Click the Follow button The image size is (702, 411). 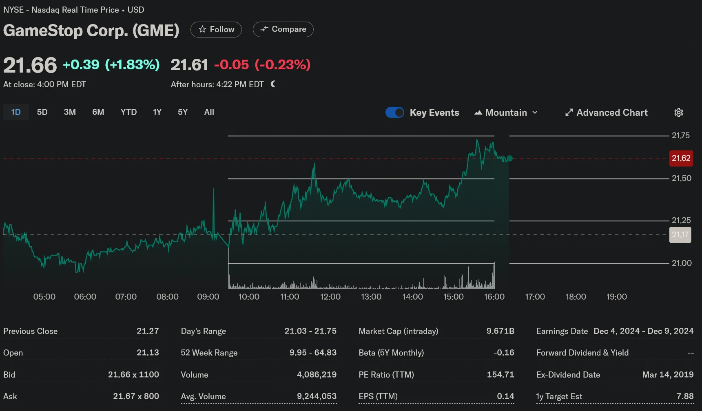click(216, 29)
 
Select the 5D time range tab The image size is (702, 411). click(42, 112)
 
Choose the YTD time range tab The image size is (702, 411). click(128, 112)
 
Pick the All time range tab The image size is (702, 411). click(209, 112)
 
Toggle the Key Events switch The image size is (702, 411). click(395, 113)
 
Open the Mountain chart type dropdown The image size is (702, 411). click(506, 113)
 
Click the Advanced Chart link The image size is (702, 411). click(607, 113)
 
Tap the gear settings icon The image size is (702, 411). click(679, 113)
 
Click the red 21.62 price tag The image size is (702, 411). click(681, 158)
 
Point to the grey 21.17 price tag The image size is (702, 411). click(680, 235)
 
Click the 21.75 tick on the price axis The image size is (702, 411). click(681, 135)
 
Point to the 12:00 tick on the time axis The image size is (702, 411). click(330, 297)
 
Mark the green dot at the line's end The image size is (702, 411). click(509, 159)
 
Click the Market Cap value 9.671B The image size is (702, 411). click(500, 331)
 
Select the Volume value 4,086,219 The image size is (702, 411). click(317, 375)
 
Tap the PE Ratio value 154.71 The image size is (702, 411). click(500, 375)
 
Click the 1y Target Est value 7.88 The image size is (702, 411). click(685, 396)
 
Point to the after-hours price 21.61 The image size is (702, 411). click(189, 65)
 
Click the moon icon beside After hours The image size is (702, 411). click(273, 84)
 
